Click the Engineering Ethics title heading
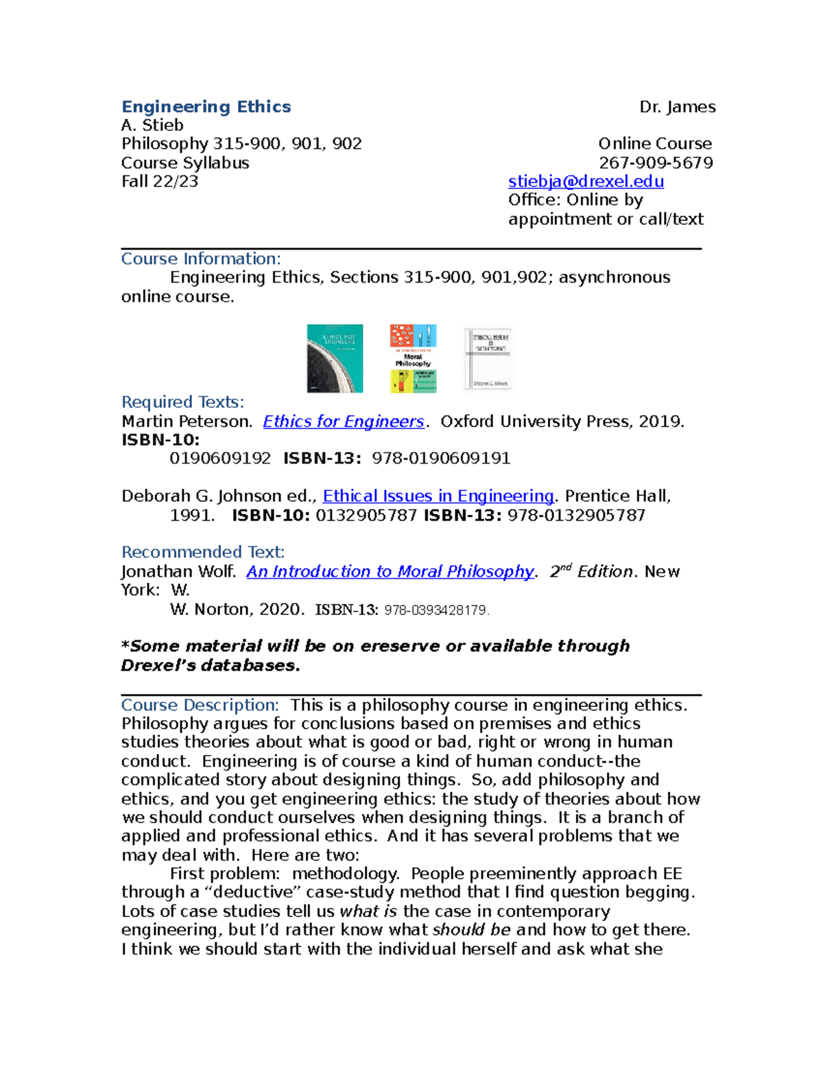point(206,107)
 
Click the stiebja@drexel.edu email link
point(586,181)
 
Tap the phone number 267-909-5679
point(656,163)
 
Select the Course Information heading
point(201,259)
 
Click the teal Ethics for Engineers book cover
point(335,358)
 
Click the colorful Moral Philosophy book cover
point(413,358)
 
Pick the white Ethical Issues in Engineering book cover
point(488,358)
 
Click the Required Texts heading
point(182,402)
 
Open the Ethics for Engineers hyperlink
point(344,421)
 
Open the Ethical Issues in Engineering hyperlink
point(438,496)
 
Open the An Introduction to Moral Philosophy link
point(390,571)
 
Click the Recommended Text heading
point(202,552)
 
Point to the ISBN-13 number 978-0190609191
point(441,458)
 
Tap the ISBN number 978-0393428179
point(436,610)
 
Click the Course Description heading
point(200,705)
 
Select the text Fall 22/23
point(160,181)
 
